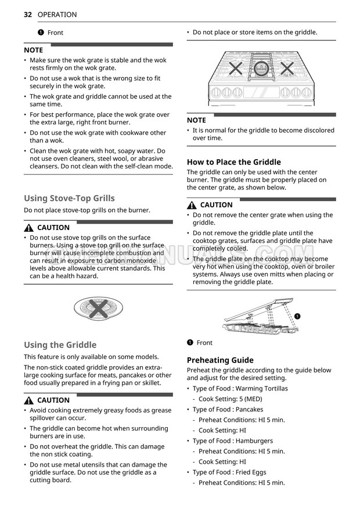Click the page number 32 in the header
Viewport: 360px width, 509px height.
[28, 15]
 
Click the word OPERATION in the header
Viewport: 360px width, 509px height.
[57, 15]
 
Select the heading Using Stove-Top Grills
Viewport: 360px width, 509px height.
[69, 198]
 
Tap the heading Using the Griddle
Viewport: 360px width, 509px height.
[60, 345]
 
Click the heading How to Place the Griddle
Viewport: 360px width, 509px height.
[233, 162]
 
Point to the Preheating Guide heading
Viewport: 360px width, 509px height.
[220, 360]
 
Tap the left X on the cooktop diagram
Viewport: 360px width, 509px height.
[235, 69]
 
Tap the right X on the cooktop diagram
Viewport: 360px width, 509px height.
[287, 69]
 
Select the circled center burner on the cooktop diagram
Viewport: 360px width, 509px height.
[261, 69]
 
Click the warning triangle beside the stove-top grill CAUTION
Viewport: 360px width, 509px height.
[28, 228]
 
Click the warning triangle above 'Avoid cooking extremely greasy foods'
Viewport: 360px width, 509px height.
[28, 400]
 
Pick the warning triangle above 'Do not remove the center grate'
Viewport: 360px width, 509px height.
[192, 205]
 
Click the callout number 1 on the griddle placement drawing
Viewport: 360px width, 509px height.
[297, 316]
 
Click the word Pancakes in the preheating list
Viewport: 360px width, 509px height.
[249, 410]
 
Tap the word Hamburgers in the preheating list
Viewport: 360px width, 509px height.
[254, 441]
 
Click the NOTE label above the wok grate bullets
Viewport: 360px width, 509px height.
[33, 50]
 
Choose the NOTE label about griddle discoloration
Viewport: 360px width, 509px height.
[196, 120]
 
